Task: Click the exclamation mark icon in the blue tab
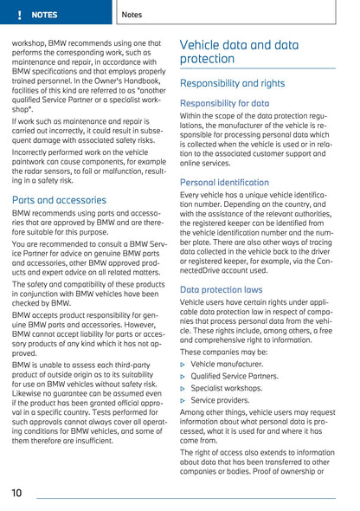coord(17,15)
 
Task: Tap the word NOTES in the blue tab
coord(43,15)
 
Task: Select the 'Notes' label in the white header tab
coord(132,15)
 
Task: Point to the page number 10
coord(17,492)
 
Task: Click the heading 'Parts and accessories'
coord(59,200)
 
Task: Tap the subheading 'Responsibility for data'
coord(224,102)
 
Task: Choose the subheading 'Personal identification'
coord(224,183)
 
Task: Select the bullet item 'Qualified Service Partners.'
coord(234,377)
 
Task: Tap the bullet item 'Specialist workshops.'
coord(226,389)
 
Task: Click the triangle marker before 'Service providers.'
coord(183,401)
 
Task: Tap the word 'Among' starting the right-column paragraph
coord(193,413)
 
